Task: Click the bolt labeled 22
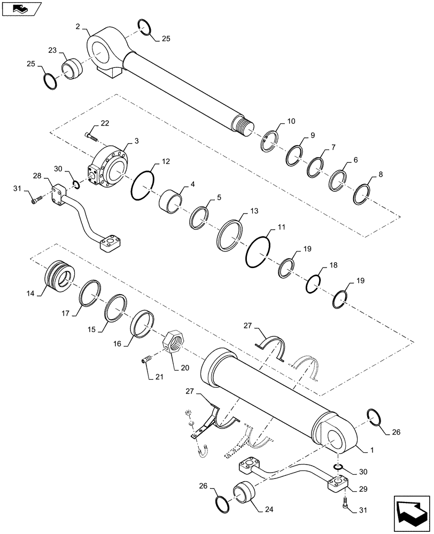coord(92,136)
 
